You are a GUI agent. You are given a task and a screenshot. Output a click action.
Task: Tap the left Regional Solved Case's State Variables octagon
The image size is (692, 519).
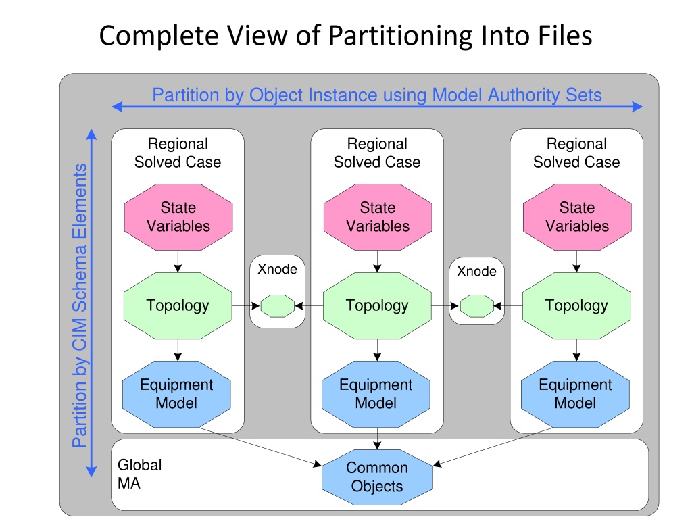pyautogui.click(x=178, y=217)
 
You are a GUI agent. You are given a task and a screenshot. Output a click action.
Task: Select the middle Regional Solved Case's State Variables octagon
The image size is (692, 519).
pyautogui.click(x=378, y=217)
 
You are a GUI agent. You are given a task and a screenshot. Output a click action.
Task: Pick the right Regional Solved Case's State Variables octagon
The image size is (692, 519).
pyautogui.click(x=577, y=217)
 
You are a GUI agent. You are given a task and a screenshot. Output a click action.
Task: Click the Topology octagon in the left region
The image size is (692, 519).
pyautogui.click(x=178, y=306)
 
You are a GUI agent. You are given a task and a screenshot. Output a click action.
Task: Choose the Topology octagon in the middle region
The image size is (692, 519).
pyautogui.click(x=377, y=306)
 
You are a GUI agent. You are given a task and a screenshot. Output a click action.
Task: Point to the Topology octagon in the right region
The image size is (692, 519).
pyautogui.click(x=577, y=306)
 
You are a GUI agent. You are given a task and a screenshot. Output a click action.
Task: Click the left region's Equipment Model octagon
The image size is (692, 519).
pyautogui.click(x=176, y=394)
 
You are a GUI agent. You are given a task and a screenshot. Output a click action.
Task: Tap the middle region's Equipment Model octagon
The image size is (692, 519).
pyautogui.click(x=376, y=394)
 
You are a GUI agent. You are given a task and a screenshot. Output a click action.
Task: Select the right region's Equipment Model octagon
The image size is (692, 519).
pyautogui.click(x=576, y=394)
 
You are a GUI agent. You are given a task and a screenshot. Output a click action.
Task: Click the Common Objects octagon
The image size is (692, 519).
pyautogui.click(x=377, y=478)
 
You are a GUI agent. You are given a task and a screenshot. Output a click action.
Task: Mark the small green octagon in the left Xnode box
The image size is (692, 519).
pyautogui.click(x=278, y=306)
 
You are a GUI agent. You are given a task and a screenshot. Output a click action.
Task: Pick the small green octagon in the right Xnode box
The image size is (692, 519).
pyautogui.click(x=477, y=306)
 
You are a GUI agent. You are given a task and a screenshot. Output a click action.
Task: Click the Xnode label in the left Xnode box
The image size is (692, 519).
pyautogui.click(x=278, y=269)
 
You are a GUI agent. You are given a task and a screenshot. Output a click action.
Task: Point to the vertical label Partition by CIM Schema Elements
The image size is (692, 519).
pyautogui.click(x=80, y=305)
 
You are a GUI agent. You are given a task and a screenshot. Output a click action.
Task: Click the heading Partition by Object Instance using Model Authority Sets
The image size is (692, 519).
pyautogui.click(x=377, y=95)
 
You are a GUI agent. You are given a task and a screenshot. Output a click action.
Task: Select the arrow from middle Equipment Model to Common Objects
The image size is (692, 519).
pyautogui.click(x=377, y=439)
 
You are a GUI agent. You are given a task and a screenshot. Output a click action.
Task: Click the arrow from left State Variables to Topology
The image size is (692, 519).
pyautogui.click(x=178, y=262)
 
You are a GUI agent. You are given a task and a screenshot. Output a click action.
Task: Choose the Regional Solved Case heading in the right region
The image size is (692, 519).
pyautogui.click(x=576, y=153)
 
